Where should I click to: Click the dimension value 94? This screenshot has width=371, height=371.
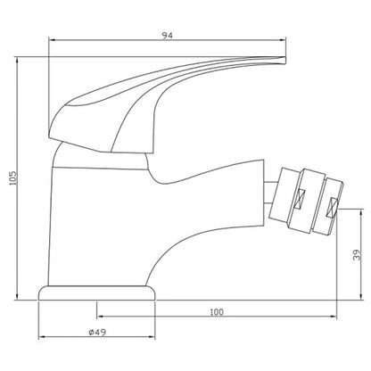pos(167,36)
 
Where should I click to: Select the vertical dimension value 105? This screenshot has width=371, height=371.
pos(13,178)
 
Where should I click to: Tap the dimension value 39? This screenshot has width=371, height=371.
pos(357,254)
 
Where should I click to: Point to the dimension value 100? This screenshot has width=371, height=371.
pos(217,312)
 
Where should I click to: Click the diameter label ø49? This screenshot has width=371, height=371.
pos(97,332)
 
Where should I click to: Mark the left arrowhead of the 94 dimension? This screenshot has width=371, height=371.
pos(52,39)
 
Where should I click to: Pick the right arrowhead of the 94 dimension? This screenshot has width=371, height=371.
pos(283,39)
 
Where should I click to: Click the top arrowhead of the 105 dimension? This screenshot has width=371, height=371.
pos(17,60)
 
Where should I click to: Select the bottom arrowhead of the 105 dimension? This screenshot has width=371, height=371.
pos(17,297)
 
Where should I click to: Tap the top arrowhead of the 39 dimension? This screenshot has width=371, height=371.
pos(361,212)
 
